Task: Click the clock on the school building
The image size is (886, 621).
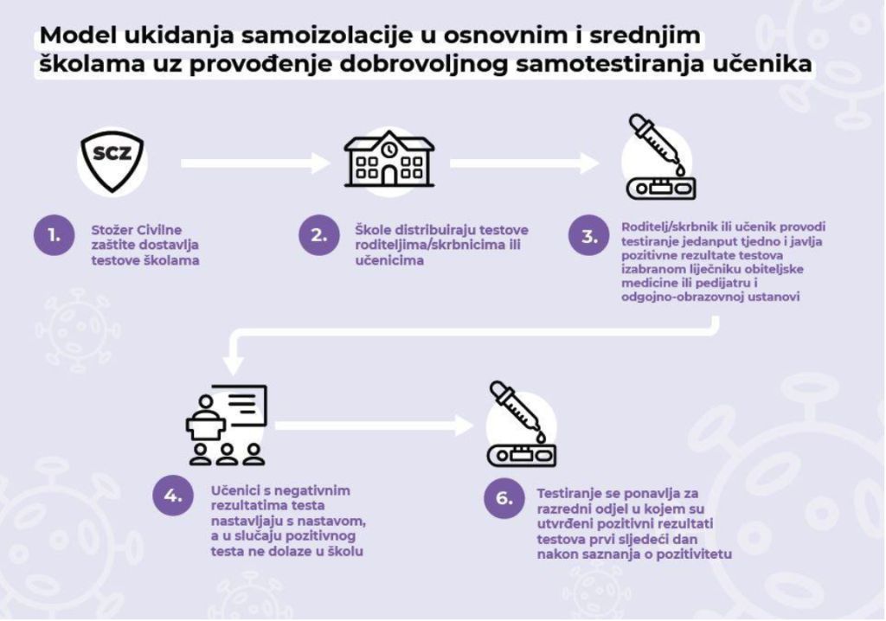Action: pyautogui.click(x=388, y=149)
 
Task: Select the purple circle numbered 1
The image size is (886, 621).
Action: pyautogui.click(x=55, y=234)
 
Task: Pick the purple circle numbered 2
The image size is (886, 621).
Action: pyautogui.click(x=319, y=234)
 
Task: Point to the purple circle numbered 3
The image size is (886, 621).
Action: pyautogui.click(x=589, y=235)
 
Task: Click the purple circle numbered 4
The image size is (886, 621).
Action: pyautogui.click(x=173, y=496)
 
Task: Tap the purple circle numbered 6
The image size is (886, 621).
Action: pyautogui.click(x=504, y=498)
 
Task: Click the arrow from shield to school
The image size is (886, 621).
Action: pyautogui.click(x=255, y=163)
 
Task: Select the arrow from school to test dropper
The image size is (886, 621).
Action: pyautogui.click(x=524, y=163)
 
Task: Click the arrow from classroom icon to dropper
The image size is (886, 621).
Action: pyautogui.click(x=374, y=426)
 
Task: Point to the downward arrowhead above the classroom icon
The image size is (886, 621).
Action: pyautogui.click(x=234, y=364)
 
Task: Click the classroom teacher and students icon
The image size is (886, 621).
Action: pyautogui.click(x=227, y=425)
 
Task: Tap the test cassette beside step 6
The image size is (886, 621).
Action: pyautogui.click(x=522, y=456)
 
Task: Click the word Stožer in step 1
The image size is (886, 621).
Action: pyautogui.click(x=112, y=230)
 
